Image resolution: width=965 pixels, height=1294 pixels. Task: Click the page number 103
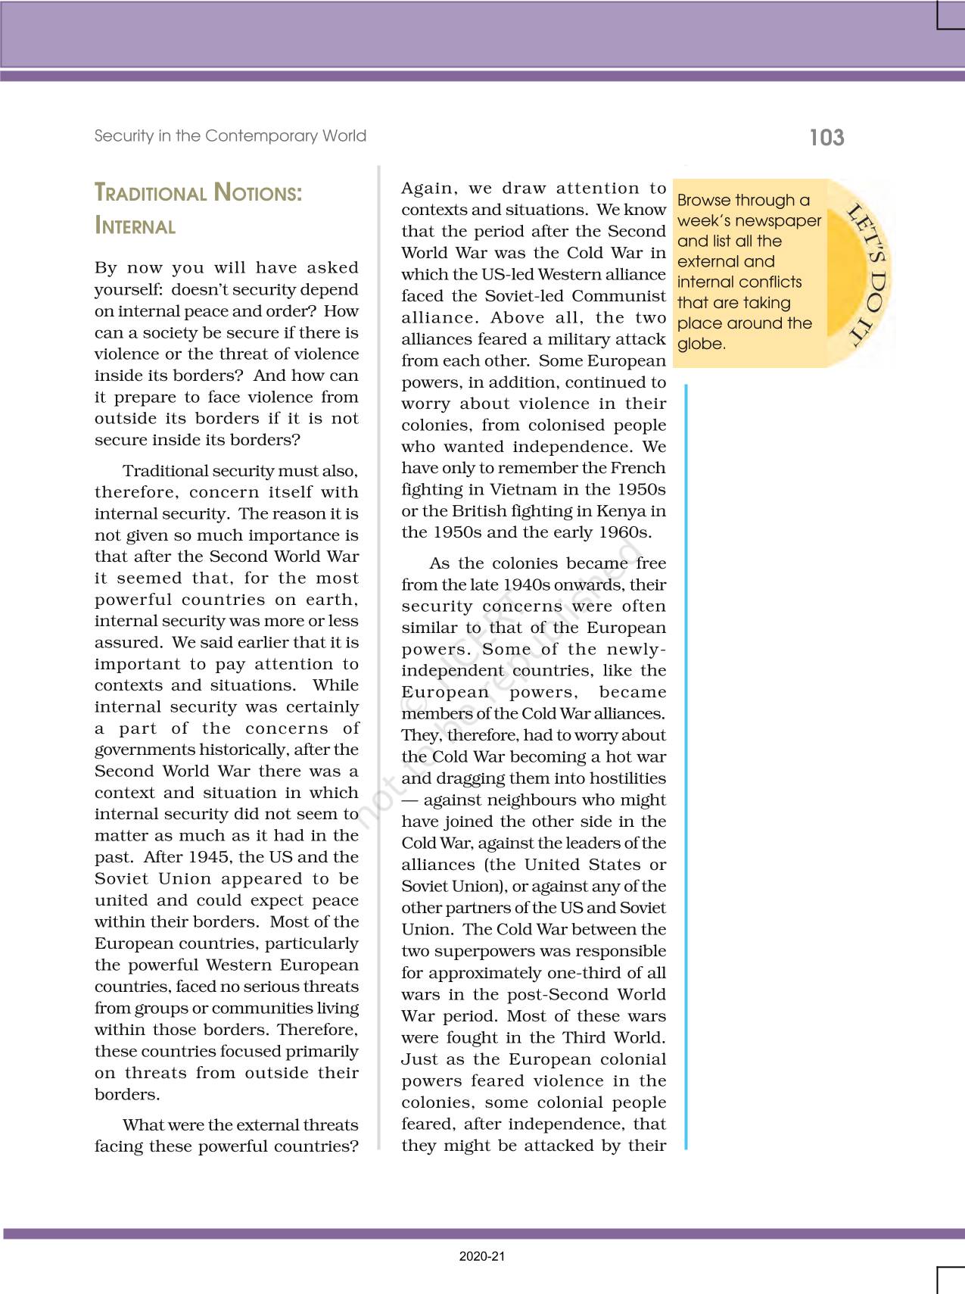[826, 137]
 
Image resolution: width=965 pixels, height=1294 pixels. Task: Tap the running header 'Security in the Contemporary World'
[230, 136]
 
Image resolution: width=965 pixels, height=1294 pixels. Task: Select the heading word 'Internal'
[135, 226]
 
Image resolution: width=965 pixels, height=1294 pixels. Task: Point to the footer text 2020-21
[482, 1256]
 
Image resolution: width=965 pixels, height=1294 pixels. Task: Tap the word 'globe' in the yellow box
[700, 344]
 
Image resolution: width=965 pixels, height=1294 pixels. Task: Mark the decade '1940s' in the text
[526, 585]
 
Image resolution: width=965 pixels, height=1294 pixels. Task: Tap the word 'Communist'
[618, 296]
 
